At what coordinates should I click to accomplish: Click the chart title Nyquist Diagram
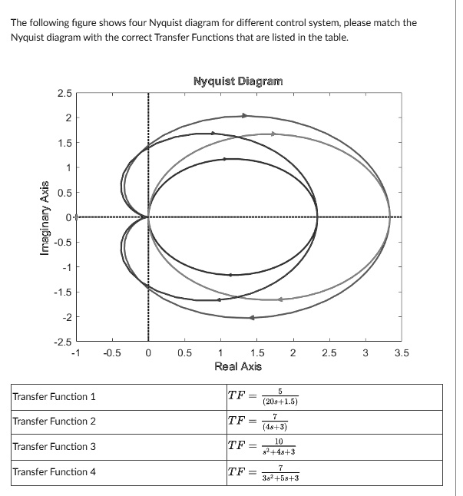tap(237, 81)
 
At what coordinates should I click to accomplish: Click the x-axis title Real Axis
tap(238, 366)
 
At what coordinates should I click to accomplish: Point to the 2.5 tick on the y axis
tap(64, 94)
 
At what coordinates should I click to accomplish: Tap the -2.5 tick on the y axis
tap(63, 342)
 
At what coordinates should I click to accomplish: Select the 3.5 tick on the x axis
tap(402, 354)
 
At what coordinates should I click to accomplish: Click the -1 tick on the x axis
tap(74, 354)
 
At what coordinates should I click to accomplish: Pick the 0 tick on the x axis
tap(148, 354)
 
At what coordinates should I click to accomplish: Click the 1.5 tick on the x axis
tap(256, 354)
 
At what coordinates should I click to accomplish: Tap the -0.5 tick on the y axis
tap(63, 243)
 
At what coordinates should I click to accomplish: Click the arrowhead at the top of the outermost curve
tap(245, 115)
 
